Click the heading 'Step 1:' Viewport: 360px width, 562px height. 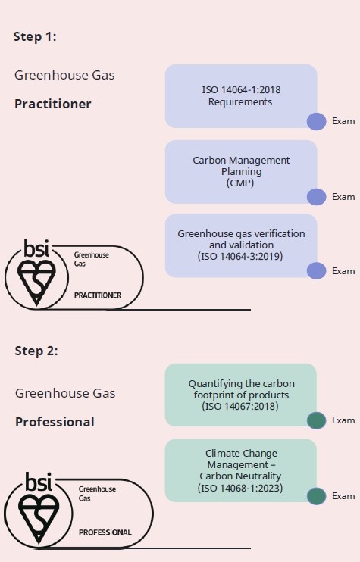point(35,36)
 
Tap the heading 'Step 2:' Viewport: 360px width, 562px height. point(36,351)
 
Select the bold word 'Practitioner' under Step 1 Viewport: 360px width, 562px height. point(53,104)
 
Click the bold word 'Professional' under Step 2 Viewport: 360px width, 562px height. point(55,422)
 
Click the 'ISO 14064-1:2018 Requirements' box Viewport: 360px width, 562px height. point(241,96)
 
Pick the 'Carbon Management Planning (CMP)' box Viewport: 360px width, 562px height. point(241,172)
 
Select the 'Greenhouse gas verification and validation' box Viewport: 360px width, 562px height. point(241,245)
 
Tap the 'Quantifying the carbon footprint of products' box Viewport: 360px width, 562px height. point(240,395)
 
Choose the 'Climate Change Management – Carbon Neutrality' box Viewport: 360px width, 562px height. point(240,470)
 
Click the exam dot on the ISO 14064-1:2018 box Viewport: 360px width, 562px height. point(317,121)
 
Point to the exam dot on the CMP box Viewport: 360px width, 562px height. point(317,197)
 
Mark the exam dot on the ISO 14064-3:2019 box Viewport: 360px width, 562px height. point(317,270)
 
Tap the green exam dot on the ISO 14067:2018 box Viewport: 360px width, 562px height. point(317,420)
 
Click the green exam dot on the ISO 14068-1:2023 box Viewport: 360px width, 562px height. point(317,496)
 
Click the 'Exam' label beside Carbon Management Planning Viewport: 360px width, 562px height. point(343,197)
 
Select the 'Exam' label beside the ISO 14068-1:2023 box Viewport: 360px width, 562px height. point(343,496)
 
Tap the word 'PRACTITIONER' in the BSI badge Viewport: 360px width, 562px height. point(98,295)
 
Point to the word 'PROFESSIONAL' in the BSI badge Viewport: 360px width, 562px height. point(105,532)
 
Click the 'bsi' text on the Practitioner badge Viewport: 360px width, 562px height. point(36,248)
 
